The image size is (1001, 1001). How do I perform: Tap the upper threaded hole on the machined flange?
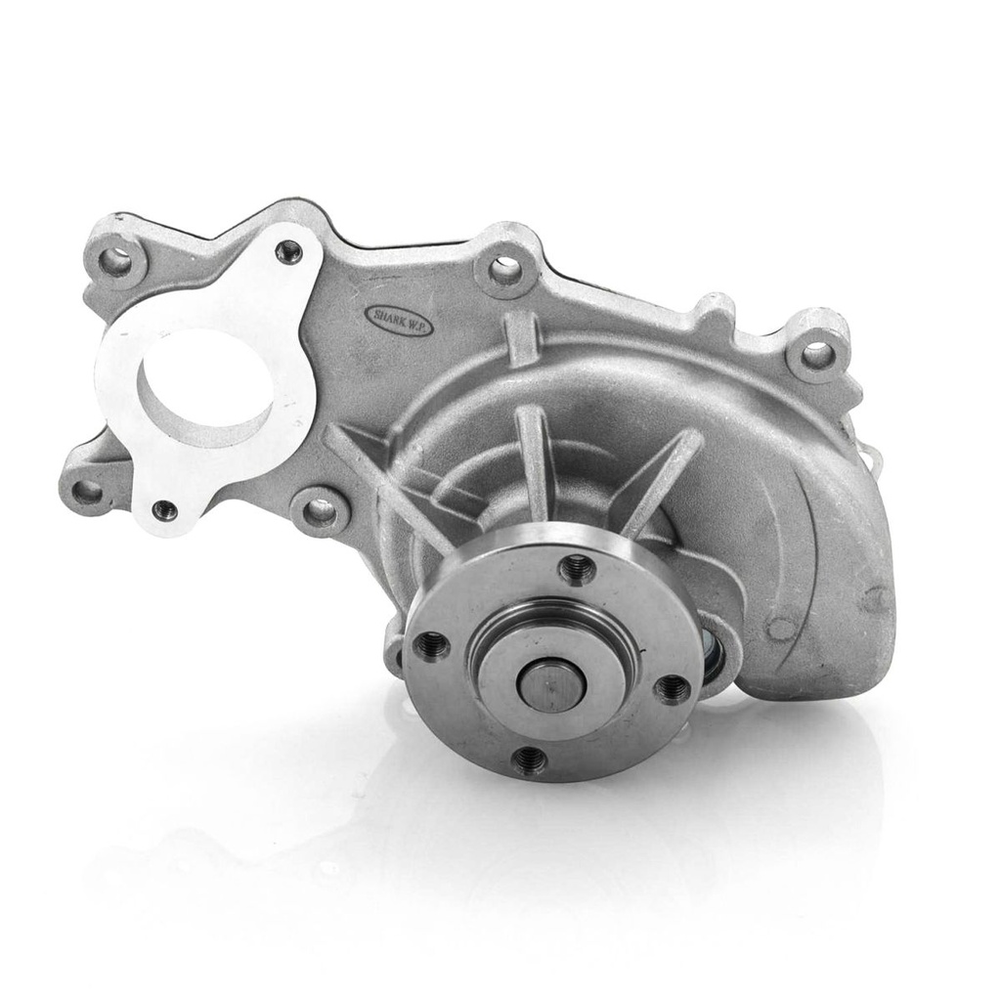289,251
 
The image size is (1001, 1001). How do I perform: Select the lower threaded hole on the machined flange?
164,508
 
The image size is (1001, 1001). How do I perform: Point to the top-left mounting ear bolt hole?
116,263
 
